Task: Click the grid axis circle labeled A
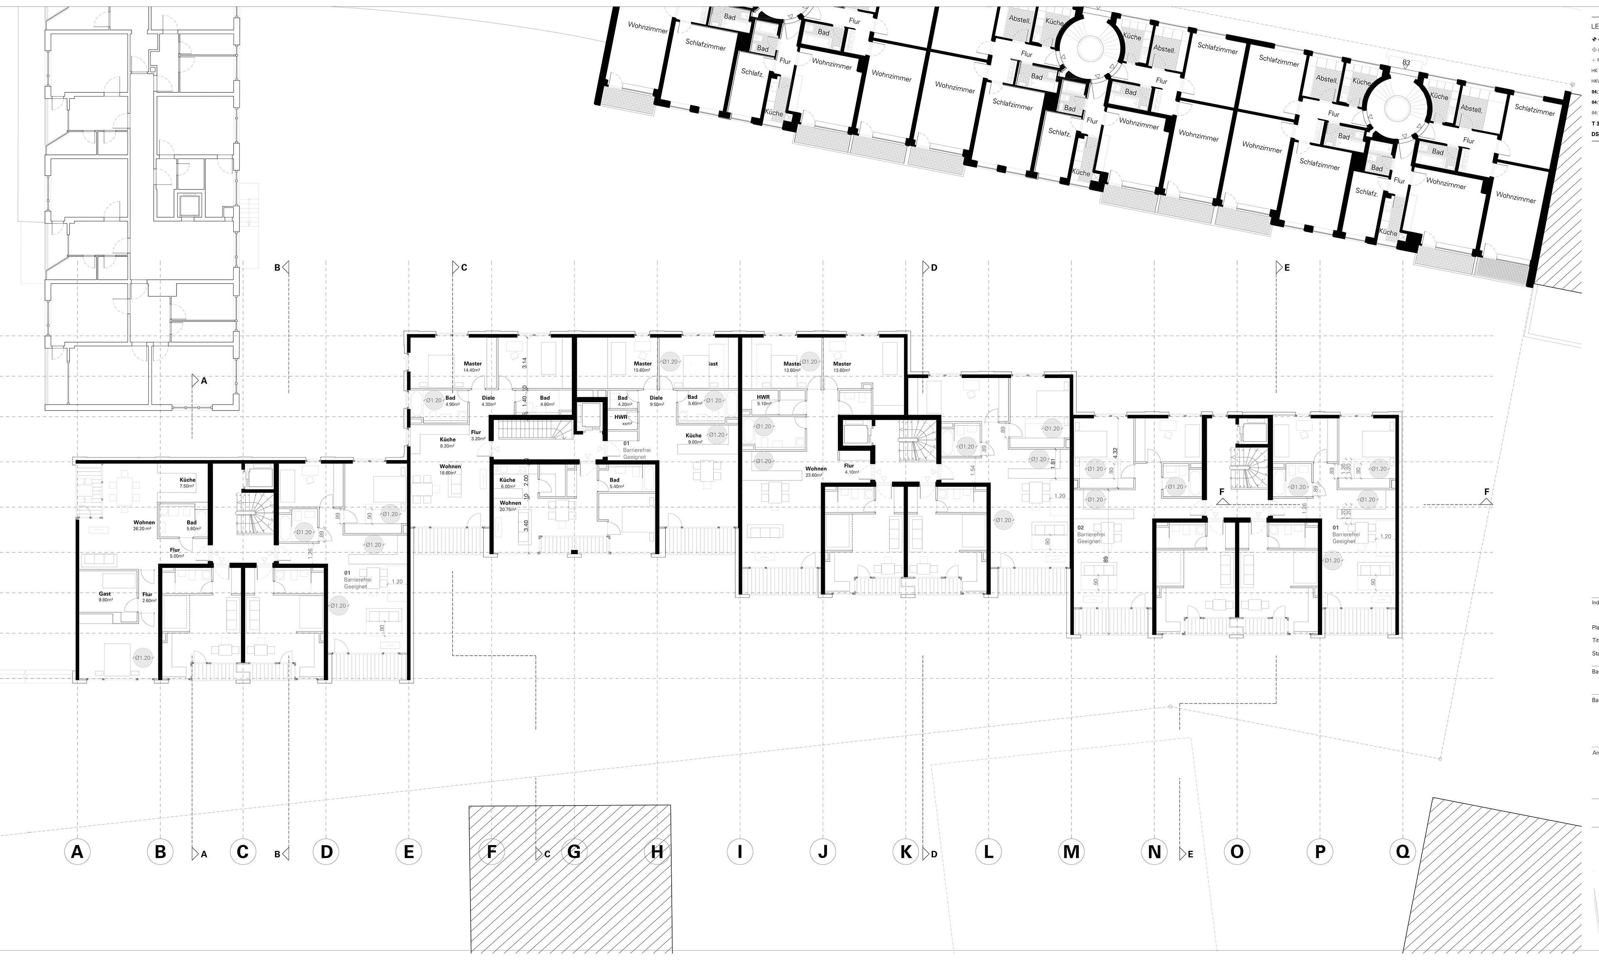77,851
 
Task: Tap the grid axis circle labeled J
823,851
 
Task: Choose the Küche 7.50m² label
187,482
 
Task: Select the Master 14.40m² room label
472,367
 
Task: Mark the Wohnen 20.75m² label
511,506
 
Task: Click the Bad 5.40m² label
615,482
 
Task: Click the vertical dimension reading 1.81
1053,464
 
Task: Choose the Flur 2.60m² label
148,597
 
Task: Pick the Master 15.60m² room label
643,367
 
